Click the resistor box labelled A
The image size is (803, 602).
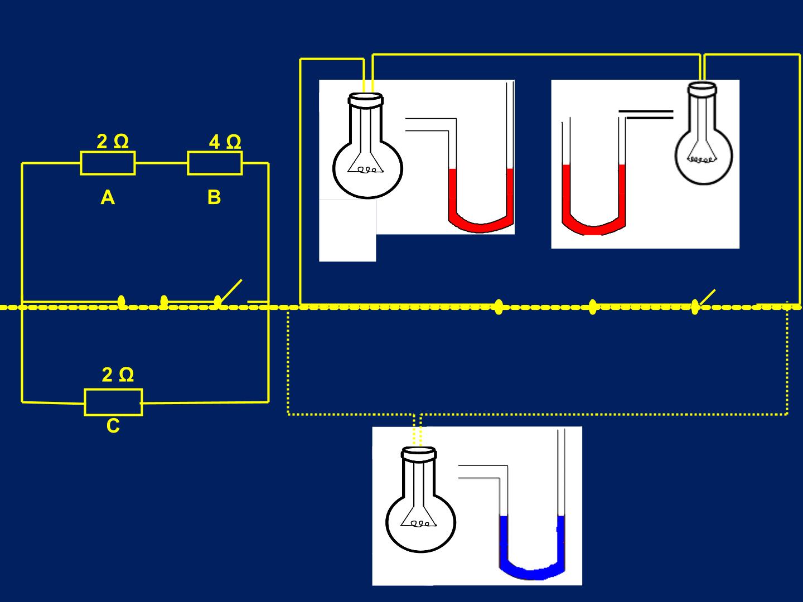(108, 163)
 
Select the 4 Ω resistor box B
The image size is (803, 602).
(215, 163)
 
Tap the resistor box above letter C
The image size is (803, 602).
(113, 402)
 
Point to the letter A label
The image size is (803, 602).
(108, 198)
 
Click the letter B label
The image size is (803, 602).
(214, 197)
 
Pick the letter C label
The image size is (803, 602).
(113, 426)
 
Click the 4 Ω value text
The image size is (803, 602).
(225, 142)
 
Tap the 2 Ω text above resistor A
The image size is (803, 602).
(113, 142)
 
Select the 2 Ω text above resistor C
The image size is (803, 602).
(118, 375)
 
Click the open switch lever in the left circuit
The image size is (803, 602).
(230, 292)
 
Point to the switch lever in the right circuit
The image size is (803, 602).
(705, 297)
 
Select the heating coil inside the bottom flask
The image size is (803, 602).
(419, 523)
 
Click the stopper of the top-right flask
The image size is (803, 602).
(702, 89)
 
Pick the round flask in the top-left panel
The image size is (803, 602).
(367, 145)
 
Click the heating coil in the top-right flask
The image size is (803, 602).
(701, 160)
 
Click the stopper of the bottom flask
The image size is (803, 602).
(419, 454)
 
